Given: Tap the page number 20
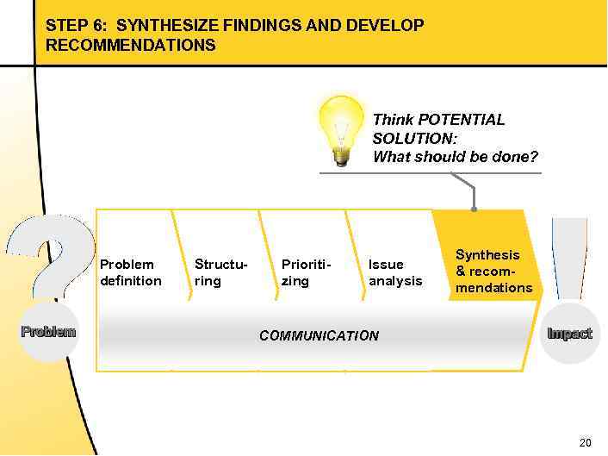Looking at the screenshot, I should click(x=586, y=443).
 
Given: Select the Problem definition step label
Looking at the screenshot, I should click(x=131, y=272).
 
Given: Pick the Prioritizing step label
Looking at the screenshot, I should click(x=306, y=272).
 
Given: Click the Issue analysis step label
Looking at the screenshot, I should click(x=395, y=272).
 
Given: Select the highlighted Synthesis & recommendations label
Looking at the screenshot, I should click(x=493, y=271).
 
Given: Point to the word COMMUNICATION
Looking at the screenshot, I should click(x=319, y=336).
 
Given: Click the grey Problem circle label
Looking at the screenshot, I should click(x=48, y=332).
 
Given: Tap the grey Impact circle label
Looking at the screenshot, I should click(x=569, y=334).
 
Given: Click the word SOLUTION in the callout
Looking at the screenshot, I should click(x=411, y=139).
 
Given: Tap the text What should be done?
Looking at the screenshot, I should click(x=455, y=157).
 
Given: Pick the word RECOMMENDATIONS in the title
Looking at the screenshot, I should click(x=131, y=45).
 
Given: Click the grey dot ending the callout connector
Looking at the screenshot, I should click(x=474, y=209).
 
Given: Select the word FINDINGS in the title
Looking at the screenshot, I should click(x=262, y=26).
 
